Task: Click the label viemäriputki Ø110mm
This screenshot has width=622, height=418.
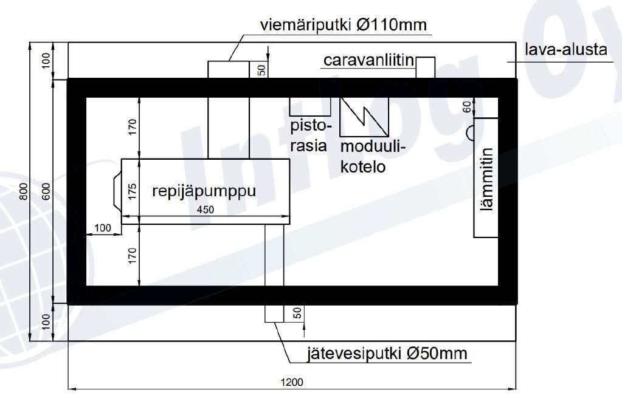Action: click(x=344, y=26)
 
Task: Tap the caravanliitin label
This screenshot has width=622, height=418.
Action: click(x=368, y=61)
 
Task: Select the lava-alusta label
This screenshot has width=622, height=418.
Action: click(x=566, y=49)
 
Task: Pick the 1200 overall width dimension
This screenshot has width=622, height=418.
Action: click(x=292, y=382)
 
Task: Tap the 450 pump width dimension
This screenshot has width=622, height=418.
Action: click(x=206, y=210)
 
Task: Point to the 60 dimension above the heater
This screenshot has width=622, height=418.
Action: click(x=467, y=108)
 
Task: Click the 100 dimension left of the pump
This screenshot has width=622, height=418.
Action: click(x=104, y=228)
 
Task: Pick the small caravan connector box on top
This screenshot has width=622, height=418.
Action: click(x=426, y=67)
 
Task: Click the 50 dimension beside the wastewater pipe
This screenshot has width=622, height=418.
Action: click(x=297, y=313)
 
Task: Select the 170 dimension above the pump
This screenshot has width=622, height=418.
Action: click(x=133, y=126)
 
